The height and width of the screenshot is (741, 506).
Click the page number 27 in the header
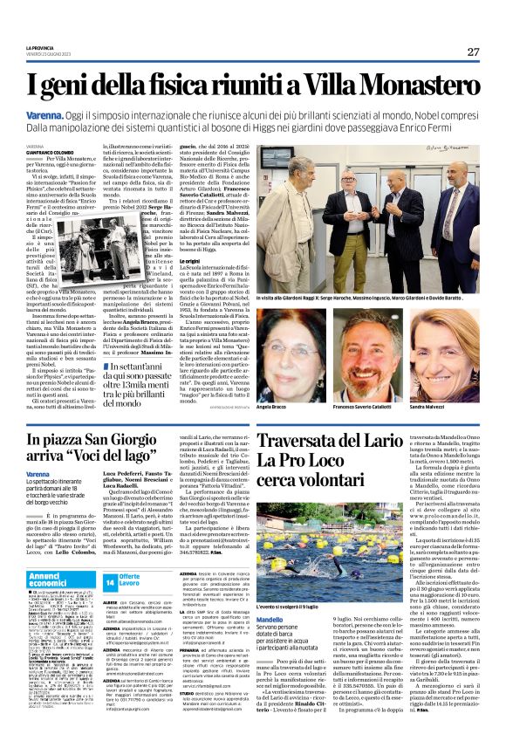(473, 51)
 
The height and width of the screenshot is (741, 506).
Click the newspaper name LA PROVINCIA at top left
(40, 48)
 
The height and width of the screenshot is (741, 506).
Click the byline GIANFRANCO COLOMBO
(45, 152)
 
